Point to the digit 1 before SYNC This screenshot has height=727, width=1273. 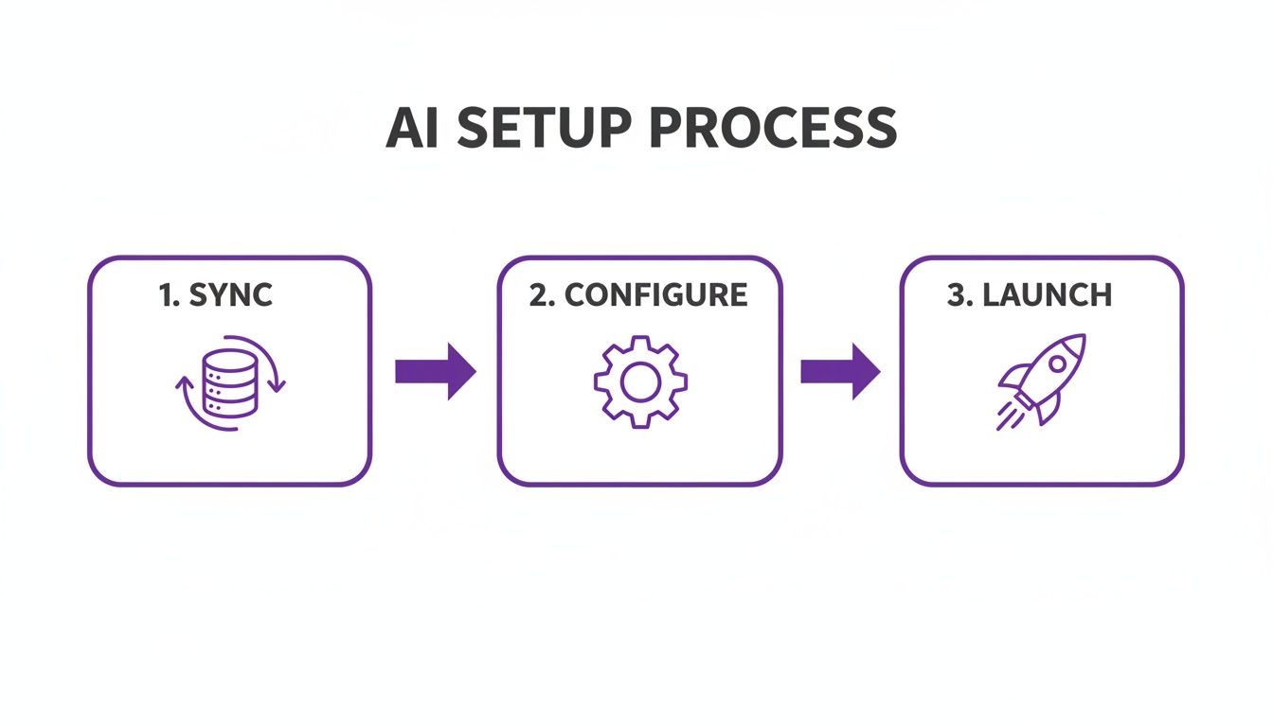167,295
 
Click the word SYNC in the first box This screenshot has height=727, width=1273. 231,295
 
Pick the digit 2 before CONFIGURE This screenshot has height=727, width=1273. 540,295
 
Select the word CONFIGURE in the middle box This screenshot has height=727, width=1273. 656,295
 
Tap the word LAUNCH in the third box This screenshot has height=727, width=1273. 1047,295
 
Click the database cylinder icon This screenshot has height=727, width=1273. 230,382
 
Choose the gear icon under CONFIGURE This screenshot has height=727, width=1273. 640,382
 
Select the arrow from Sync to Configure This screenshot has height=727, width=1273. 435,371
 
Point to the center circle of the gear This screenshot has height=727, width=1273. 640,382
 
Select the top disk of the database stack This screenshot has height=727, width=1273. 230,360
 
